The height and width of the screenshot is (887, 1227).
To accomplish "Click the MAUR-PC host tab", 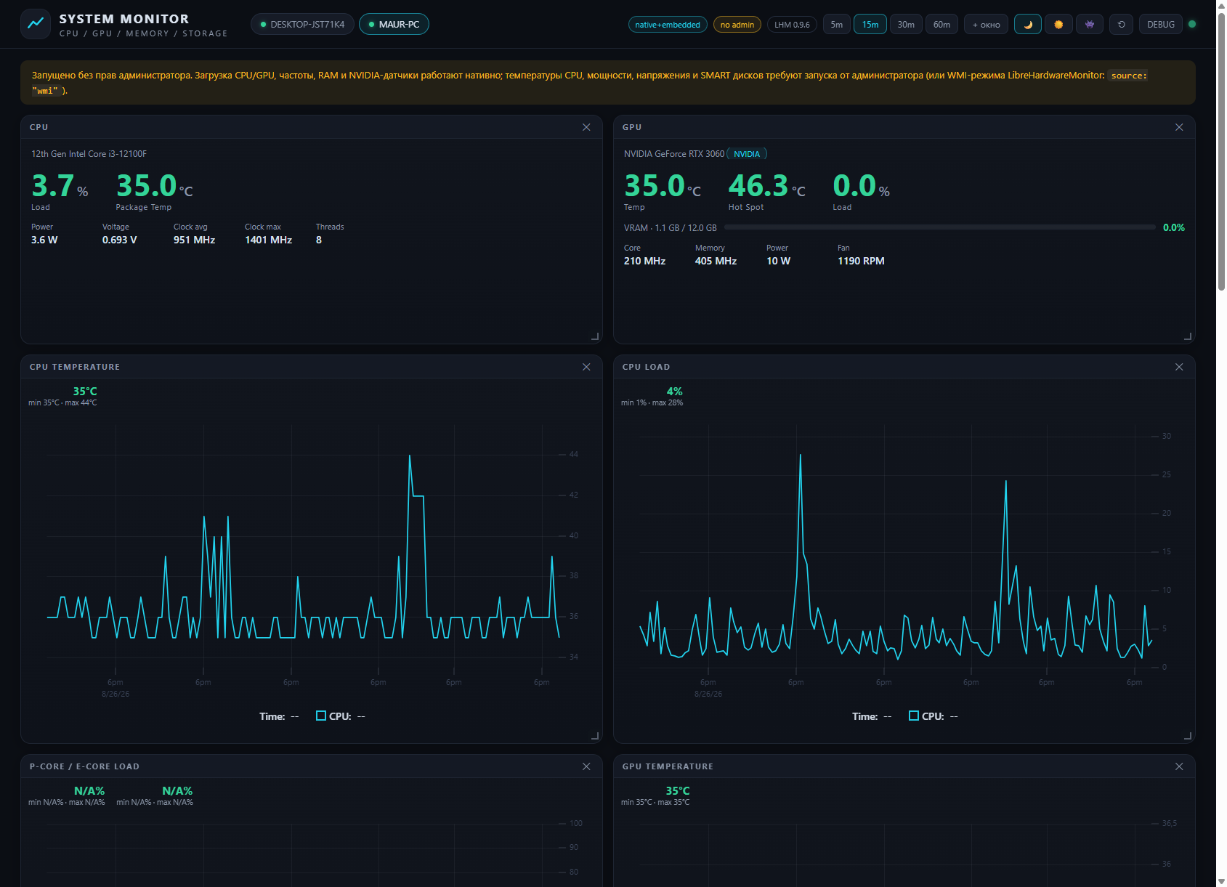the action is pos(394,25).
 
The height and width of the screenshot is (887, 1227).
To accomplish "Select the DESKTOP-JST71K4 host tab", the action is pos(302,25).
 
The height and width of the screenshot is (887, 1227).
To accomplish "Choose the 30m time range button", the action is pos(905,25).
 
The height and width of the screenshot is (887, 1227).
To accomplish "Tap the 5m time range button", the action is pos(836,25).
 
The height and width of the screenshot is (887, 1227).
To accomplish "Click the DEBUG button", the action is pos(1161,25).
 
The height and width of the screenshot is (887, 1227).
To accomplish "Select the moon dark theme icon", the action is pos(1028,25).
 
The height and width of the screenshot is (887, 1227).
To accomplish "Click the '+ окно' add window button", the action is pos(986,25).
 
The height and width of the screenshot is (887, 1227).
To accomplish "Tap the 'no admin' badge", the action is pos(737,25).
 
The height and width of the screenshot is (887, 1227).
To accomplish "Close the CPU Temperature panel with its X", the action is pos(586,367).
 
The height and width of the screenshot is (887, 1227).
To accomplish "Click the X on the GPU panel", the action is pos(1179,127).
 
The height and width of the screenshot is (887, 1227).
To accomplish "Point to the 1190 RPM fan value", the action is pos(861,261).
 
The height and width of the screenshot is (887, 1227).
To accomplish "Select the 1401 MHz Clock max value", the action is pos(268,240).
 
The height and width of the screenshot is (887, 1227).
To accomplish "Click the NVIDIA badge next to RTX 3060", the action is pos(747,154).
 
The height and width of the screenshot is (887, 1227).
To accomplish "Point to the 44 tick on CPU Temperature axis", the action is pos(573,454).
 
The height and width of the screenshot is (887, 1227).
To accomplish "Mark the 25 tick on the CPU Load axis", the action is pos(1166,474).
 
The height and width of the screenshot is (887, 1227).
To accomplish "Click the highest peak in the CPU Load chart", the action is pos(801,455).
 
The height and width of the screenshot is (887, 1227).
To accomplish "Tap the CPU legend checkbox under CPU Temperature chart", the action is pos(321,716).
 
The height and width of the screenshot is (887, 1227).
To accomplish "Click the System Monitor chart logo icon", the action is pos(36,24).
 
